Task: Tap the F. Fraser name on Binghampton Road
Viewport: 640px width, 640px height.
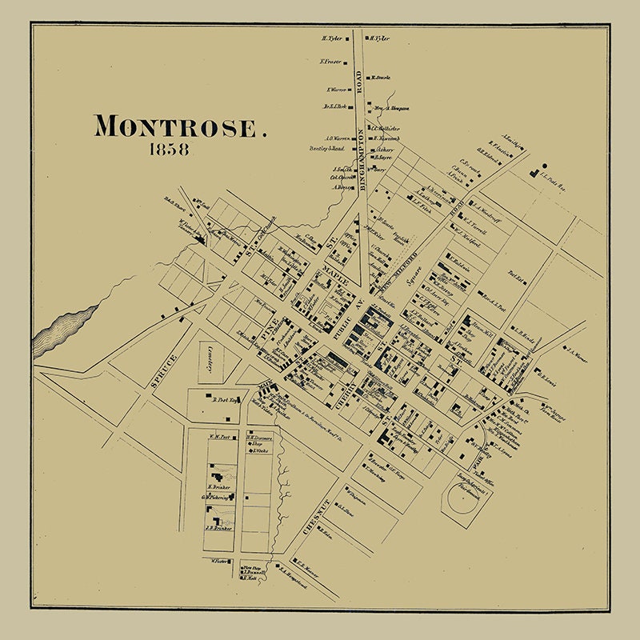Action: pyautogui.click(x=331, y=62)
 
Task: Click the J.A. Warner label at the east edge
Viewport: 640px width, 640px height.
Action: pyautogui.click(x=576, y=350)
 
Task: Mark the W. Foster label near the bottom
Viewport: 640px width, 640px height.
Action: pyautogui.click(x=220, y=561)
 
